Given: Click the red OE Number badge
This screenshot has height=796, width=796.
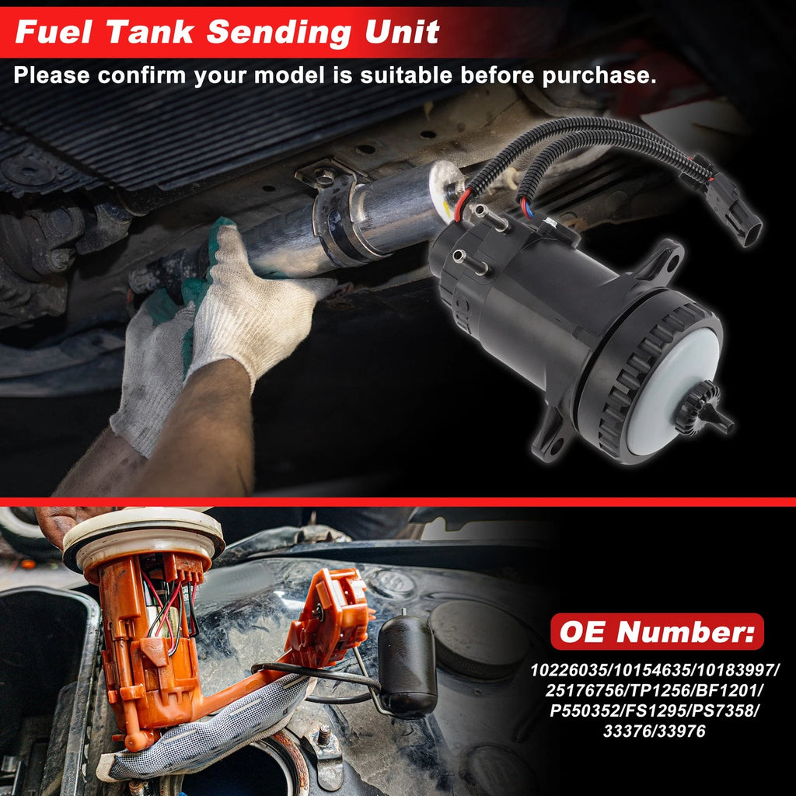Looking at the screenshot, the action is (657, 631).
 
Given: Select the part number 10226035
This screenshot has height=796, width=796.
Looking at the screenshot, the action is (568, 670).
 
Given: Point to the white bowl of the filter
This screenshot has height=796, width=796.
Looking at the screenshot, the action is (672, 391).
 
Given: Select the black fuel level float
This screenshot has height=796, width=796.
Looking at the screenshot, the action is (407, 666).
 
